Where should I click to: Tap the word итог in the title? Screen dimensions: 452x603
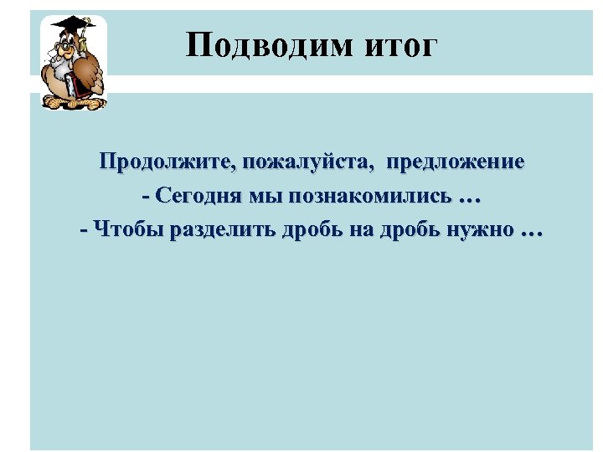coord(401,45)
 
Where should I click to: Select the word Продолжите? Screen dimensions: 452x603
coord(165,162)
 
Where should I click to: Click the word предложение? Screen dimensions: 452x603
coord(456,162)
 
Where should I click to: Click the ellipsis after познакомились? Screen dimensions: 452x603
coord(472,198)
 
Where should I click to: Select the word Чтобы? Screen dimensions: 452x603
coord(130,229)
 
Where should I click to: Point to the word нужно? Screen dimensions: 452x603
coord(478,229)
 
